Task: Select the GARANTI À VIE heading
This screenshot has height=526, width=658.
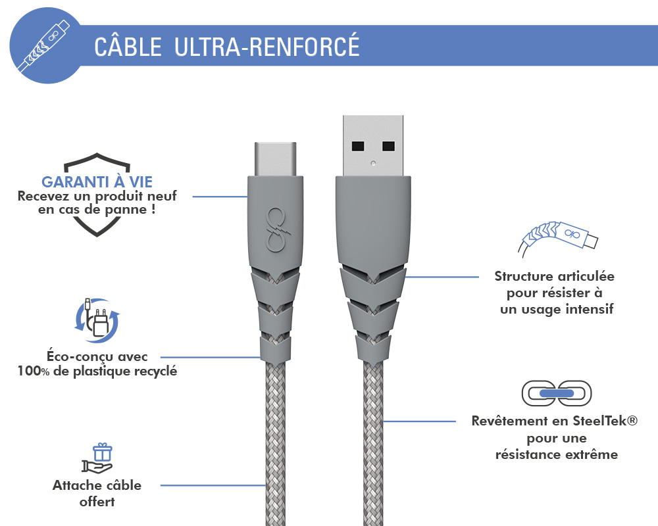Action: point(97,182)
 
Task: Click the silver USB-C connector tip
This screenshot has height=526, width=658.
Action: point(275,158)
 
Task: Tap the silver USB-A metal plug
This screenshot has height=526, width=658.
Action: point(373,145)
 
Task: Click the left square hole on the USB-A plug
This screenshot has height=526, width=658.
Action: point(358,146)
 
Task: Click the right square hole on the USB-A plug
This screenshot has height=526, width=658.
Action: point(388,146)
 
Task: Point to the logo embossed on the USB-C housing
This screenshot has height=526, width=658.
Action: point(275,230)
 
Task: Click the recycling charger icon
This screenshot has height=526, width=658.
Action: point(97,320)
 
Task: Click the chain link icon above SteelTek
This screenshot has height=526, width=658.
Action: point(557,393)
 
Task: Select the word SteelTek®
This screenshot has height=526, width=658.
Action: point(605,420)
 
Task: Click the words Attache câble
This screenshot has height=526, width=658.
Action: point(97,485)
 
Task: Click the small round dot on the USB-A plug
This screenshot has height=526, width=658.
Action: point(373,163)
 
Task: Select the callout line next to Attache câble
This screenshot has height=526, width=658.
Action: point(213,485)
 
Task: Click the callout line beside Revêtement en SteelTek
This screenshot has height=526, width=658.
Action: point(420,421)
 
